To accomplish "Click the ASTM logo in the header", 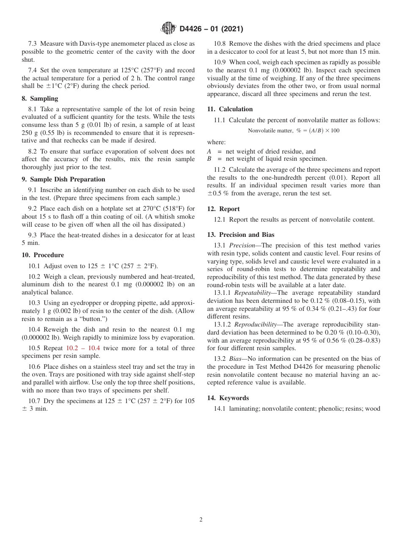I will [168, 29].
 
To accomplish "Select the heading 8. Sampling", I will [40, 99].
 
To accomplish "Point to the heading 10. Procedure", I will [43, 255].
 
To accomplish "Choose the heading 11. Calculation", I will [230, 109].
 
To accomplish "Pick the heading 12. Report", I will [223, 209].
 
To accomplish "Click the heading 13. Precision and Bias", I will [241, 235].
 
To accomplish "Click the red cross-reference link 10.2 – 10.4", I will [83, 348].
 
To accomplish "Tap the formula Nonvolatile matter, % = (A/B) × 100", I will [293, 131].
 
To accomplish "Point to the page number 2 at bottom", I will [201, 520].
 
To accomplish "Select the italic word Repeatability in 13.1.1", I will [252, 293].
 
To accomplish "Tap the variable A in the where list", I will [209, 151].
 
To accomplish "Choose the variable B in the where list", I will [209, 159].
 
